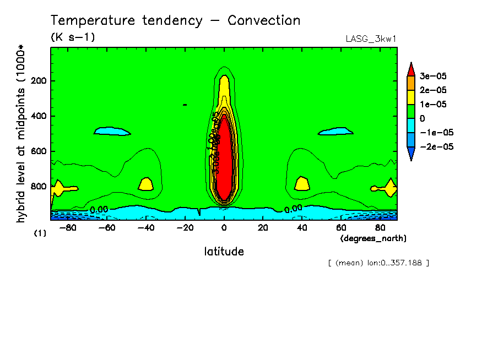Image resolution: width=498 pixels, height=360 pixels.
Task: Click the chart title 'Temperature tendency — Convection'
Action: tap(175, 21)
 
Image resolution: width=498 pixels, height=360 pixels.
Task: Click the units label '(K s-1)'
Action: tap(73, 37)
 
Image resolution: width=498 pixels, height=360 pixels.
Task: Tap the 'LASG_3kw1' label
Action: tap(371, 39)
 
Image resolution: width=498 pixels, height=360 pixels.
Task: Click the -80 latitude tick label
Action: tap(68, 227)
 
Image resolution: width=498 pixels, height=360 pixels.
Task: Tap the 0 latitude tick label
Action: tap(224, 227)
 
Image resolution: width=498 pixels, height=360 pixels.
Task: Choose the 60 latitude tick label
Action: tap(340, 227)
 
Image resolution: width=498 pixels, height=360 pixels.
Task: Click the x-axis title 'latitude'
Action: tap(224, 252)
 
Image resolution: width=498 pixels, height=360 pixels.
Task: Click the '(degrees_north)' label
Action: tap(373, 238)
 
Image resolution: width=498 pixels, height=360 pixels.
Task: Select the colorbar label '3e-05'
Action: tap(433, 76)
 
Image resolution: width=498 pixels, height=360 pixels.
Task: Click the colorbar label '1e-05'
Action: tap(433, 104)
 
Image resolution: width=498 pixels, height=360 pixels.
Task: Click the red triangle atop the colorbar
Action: tap(410, 69)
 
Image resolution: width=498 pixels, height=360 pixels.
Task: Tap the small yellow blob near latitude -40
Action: tap(145, 184)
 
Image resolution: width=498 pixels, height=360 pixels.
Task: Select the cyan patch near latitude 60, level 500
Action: tap(335, 132)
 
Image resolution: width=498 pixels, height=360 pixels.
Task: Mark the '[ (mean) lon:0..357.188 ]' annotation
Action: tap(378, 263)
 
